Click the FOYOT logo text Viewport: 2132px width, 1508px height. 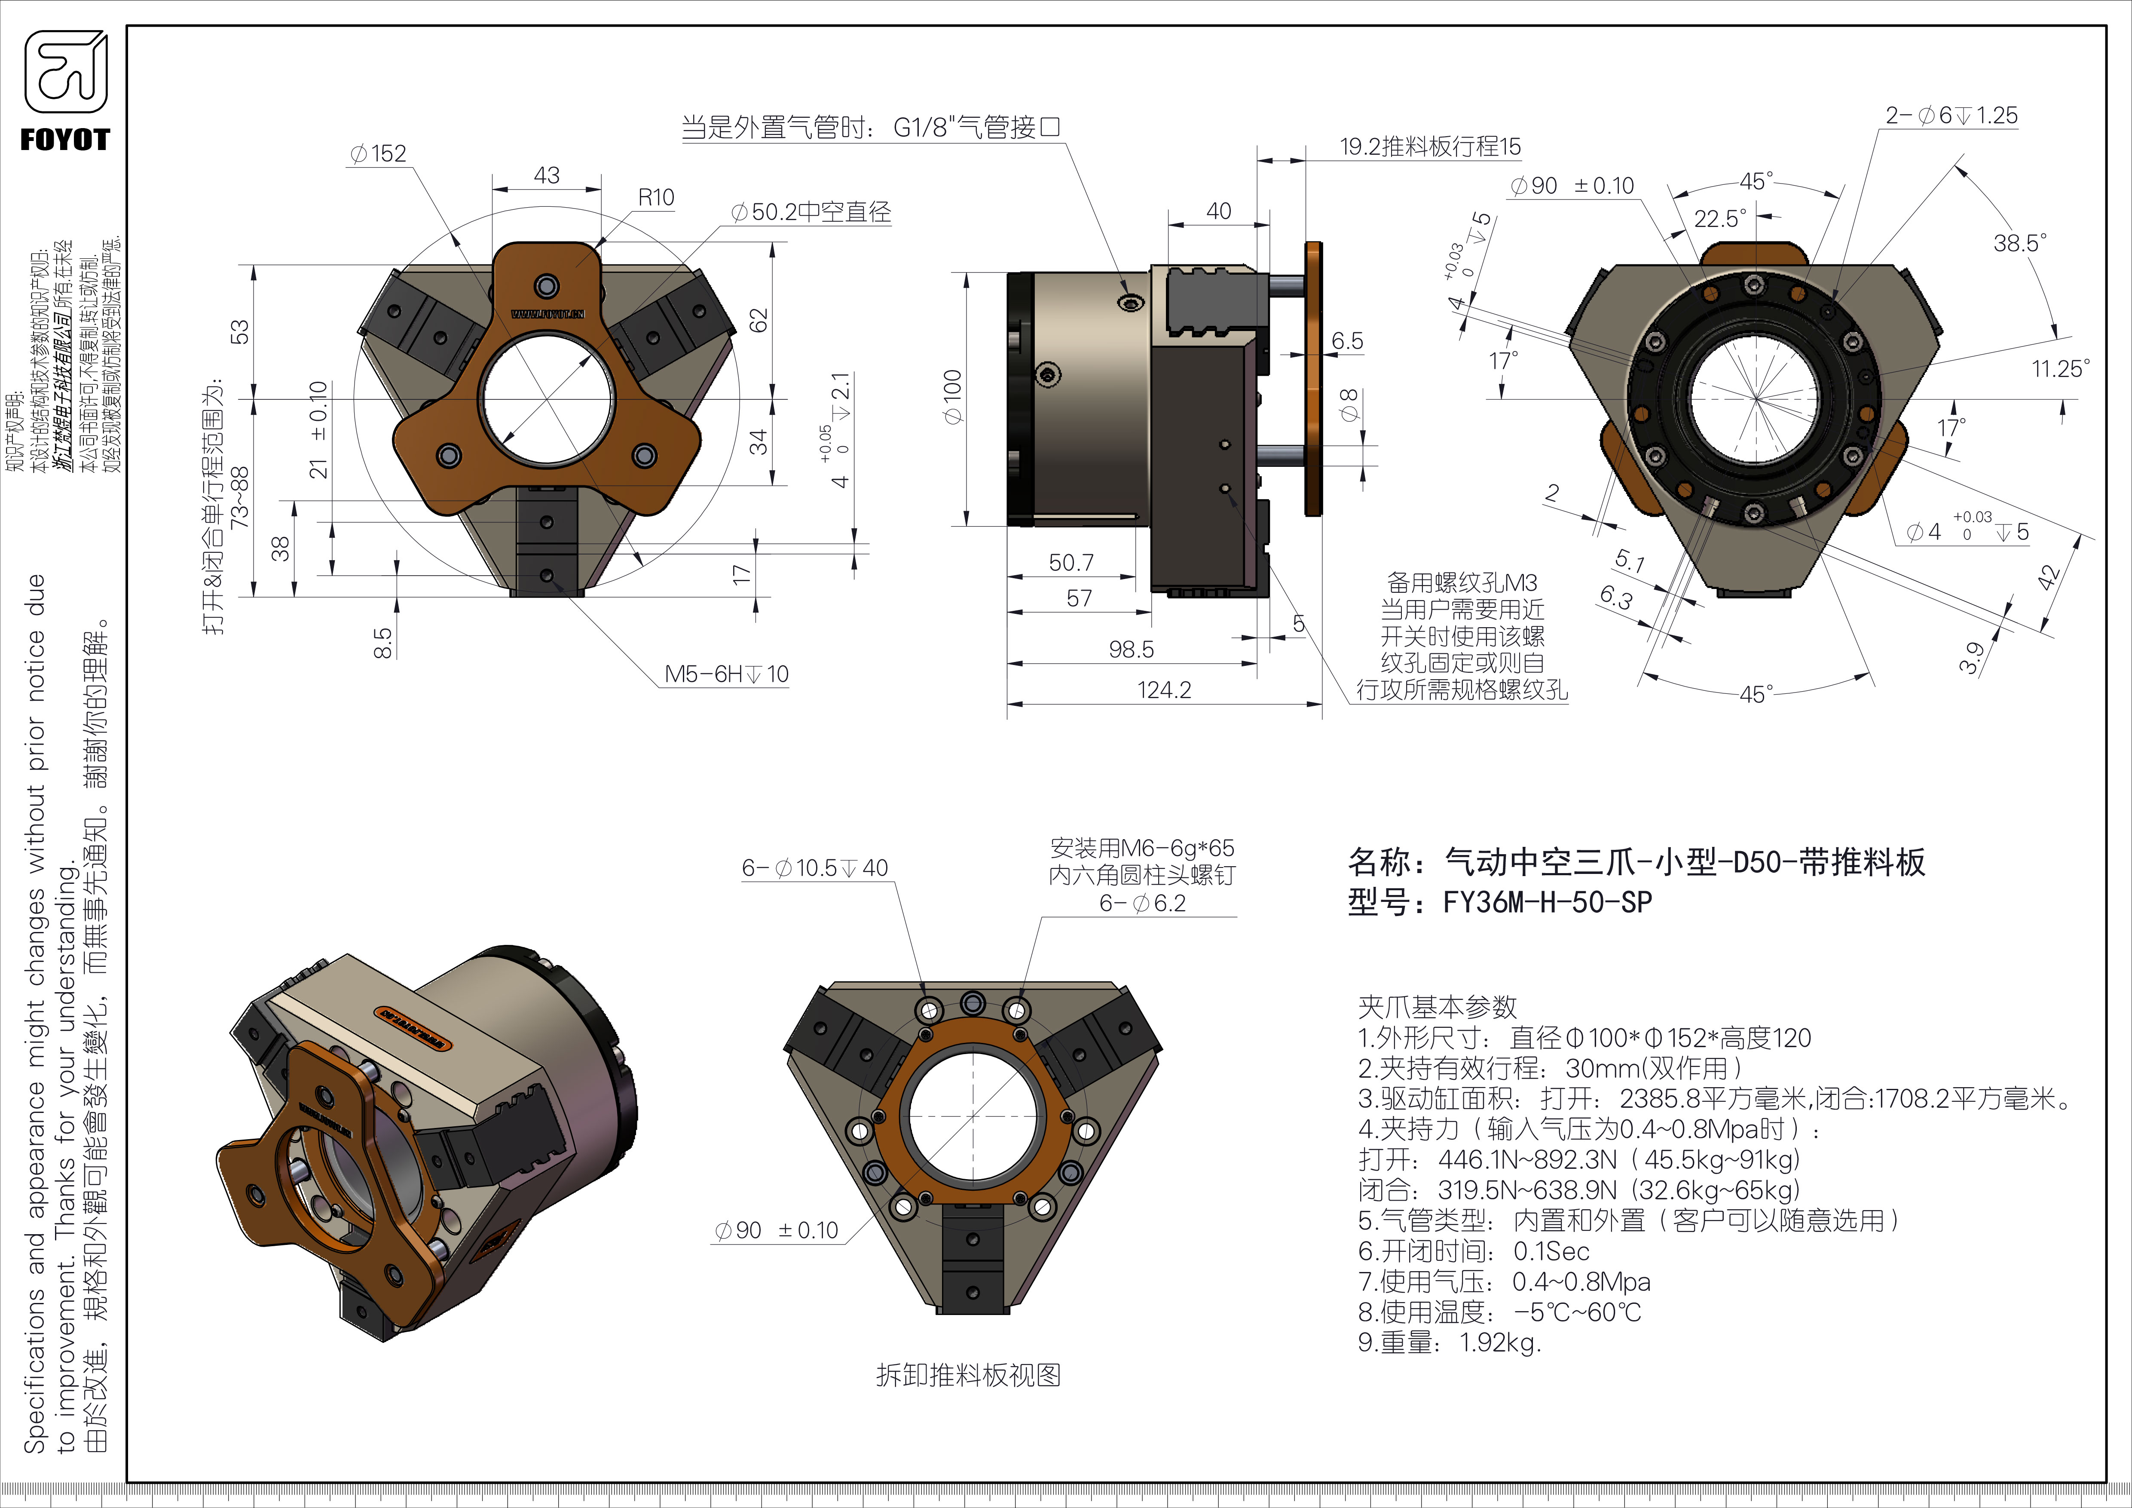[65, 140]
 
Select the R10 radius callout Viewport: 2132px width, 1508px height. [655, 198]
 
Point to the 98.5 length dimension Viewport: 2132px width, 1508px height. [1131, 649]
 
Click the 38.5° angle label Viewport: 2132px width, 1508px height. [2020, 243]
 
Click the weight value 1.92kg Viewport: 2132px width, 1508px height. [1500, 1343]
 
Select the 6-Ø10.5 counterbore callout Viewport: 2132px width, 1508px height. [814, 868]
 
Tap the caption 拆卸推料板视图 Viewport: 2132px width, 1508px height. [967, 1375]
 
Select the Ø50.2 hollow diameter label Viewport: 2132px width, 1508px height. [811, 213]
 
